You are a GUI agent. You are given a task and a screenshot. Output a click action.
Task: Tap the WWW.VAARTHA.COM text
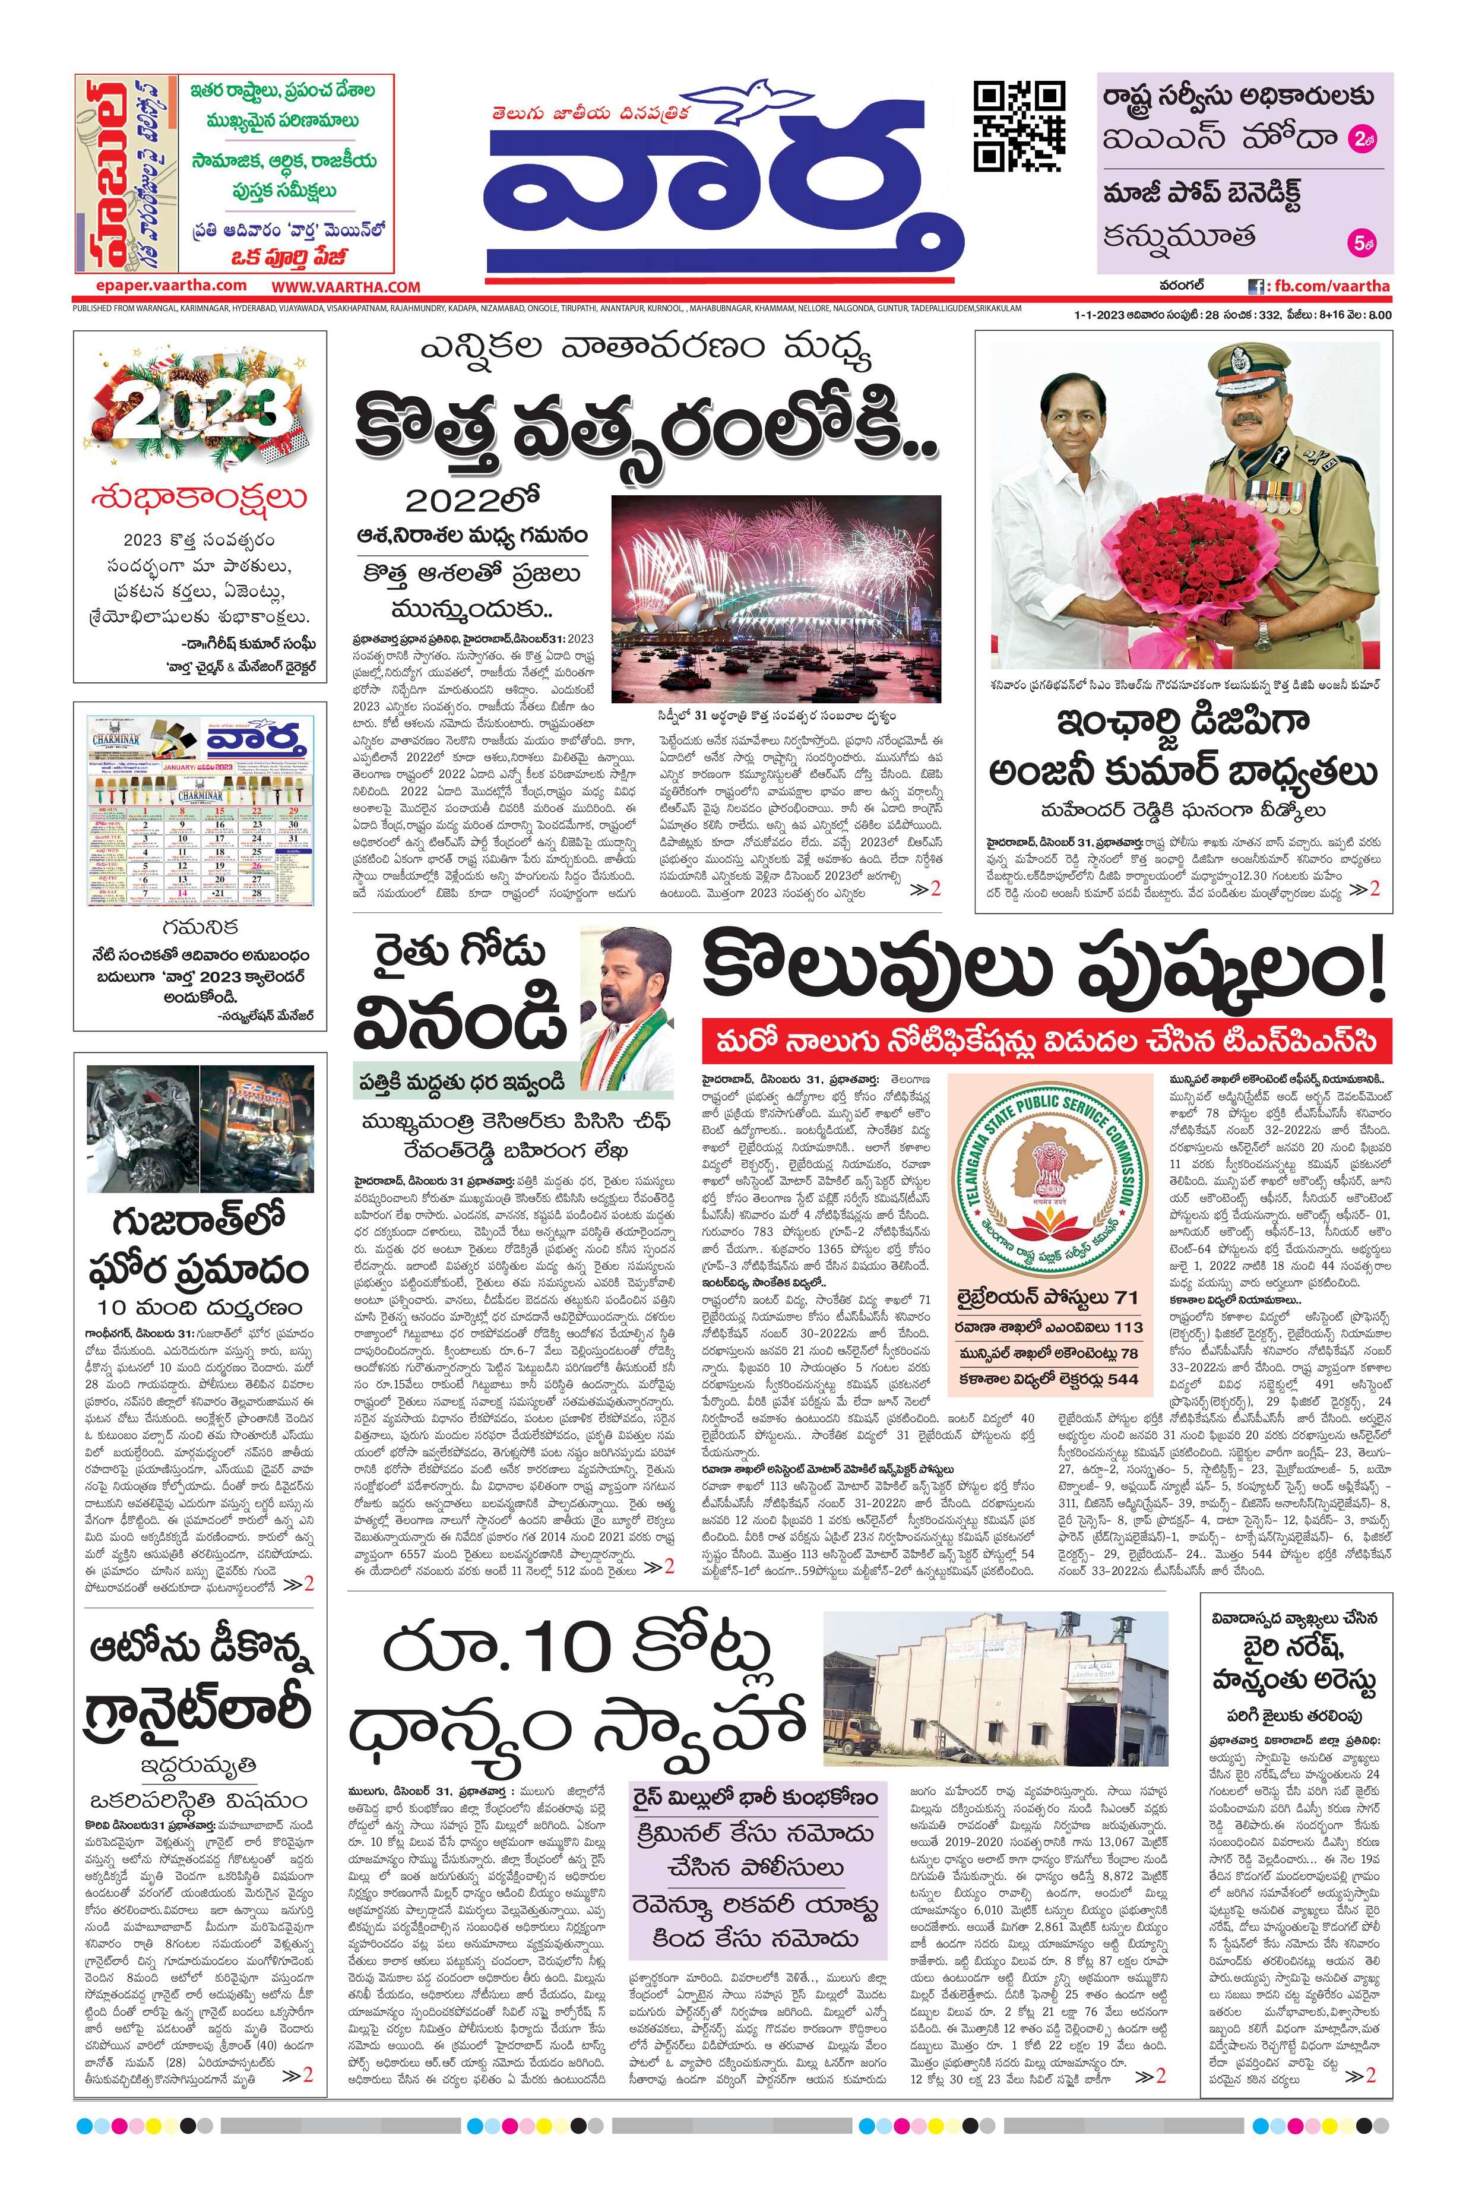pos(346,287)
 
